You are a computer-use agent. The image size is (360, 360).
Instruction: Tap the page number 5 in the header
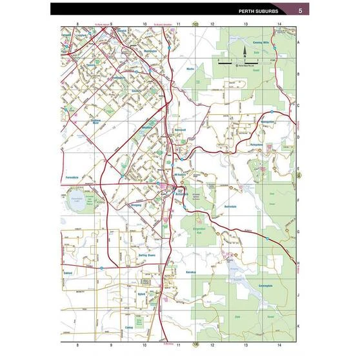pos(301,10)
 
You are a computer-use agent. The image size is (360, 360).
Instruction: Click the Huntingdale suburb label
pos(119,78)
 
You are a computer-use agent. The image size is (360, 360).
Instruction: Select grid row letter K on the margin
pos(299,326)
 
